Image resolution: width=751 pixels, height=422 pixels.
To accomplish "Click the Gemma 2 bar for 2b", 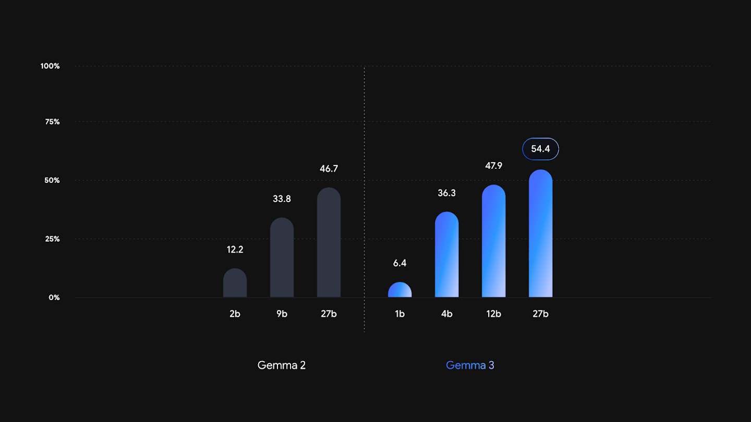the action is click(x=235, y=283).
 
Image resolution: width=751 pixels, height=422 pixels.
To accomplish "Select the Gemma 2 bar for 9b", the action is click(x=282, y=257).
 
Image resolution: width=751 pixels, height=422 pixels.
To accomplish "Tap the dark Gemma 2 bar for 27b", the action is click(x=329, y=242).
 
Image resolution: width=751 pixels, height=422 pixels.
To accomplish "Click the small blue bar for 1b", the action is click(x=399, y=290).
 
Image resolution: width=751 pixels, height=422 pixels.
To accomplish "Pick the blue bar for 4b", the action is click(x=446, y=255).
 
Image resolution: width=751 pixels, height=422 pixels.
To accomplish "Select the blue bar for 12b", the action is click(x=493, y=241).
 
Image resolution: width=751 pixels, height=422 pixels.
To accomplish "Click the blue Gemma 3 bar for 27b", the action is click(x=540, y=233).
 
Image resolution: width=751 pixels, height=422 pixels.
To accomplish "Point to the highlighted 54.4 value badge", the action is click(x=540, y=148).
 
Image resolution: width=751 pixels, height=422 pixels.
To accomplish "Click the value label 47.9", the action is click(x=493, y=166).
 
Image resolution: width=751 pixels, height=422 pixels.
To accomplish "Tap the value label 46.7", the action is click(x=329, y=169).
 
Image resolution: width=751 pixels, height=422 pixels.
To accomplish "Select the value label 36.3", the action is click(x=446, y=193).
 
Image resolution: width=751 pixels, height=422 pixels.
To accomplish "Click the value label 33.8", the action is click(x=282, y=199).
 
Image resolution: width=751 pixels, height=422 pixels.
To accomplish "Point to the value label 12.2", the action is click(x=235, y=250).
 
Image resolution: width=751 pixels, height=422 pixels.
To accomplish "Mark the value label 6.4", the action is click(x=399, y=263).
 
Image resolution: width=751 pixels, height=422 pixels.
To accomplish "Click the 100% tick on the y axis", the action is click(x=50, y=66).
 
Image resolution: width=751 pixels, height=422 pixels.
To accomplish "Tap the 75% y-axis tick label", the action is click(x=52, y=121).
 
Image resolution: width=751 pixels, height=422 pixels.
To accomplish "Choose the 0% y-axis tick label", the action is click(x=54, y=297).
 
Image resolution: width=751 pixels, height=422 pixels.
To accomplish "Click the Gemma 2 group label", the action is click(x=282, y=365).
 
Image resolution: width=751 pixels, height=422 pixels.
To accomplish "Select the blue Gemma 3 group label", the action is click(x=470, y=365).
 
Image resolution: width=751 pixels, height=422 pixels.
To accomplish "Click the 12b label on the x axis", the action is click(x=493, y=314).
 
